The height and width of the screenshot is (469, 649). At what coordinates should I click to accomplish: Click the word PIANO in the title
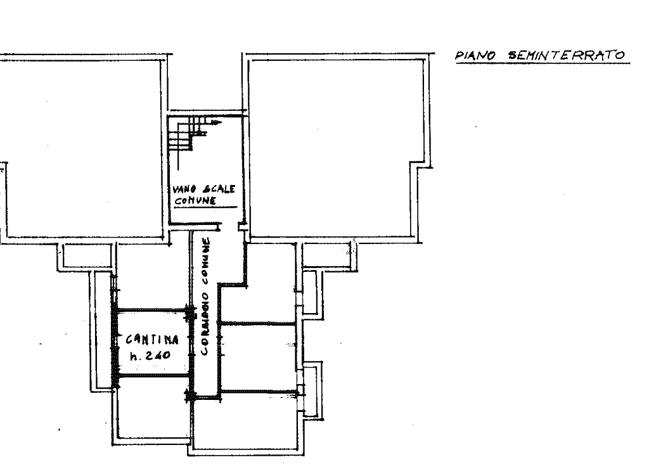coord(475,55)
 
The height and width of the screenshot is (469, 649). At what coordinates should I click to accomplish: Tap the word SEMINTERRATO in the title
coord(566,55)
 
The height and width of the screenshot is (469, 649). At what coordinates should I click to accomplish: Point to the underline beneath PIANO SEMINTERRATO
coord(543,63)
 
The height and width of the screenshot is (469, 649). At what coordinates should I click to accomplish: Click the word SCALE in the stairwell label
coord(219,189)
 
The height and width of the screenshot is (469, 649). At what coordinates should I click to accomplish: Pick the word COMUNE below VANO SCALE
coord(195,200)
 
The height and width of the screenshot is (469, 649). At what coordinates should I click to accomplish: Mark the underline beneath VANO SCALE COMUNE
coord(205,207)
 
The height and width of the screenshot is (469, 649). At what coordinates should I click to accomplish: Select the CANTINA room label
coord(152,340)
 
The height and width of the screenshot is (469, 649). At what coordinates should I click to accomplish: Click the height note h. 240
coord(150,355)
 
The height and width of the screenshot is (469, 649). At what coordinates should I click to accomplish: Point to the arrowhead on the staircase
coord(215,122)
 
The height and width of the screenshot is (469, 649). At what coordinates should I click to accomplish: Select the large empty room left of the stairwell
coord(83,149)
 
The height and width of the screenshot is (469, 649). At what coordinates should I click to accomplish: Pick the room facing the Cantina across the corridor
coord(257,356)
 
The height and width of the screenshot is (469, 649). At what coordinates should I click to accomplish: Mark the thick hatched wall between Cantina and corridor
coord(191,352)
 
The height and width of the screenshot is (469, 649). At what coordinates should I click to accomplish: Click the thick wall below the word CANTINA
coord(154,375)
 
